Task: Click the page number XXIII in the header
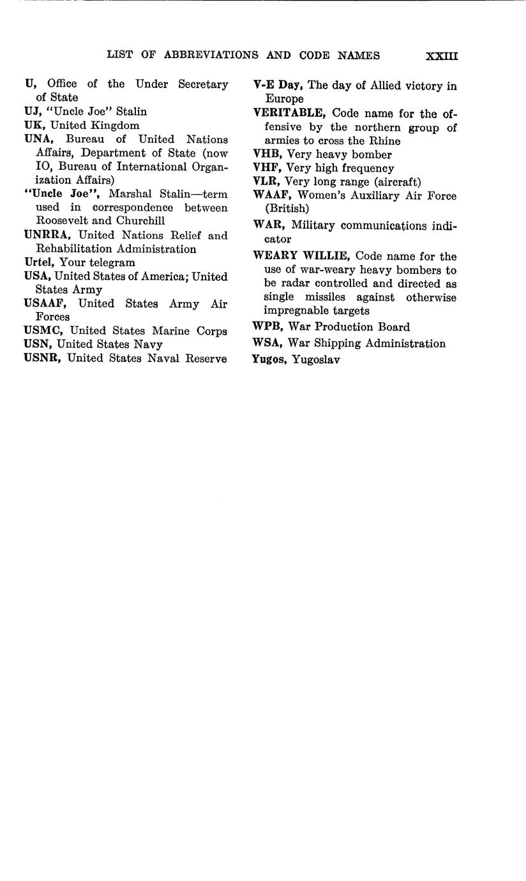click(442, 56)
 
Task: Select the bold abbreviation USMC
click(44, 331)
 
